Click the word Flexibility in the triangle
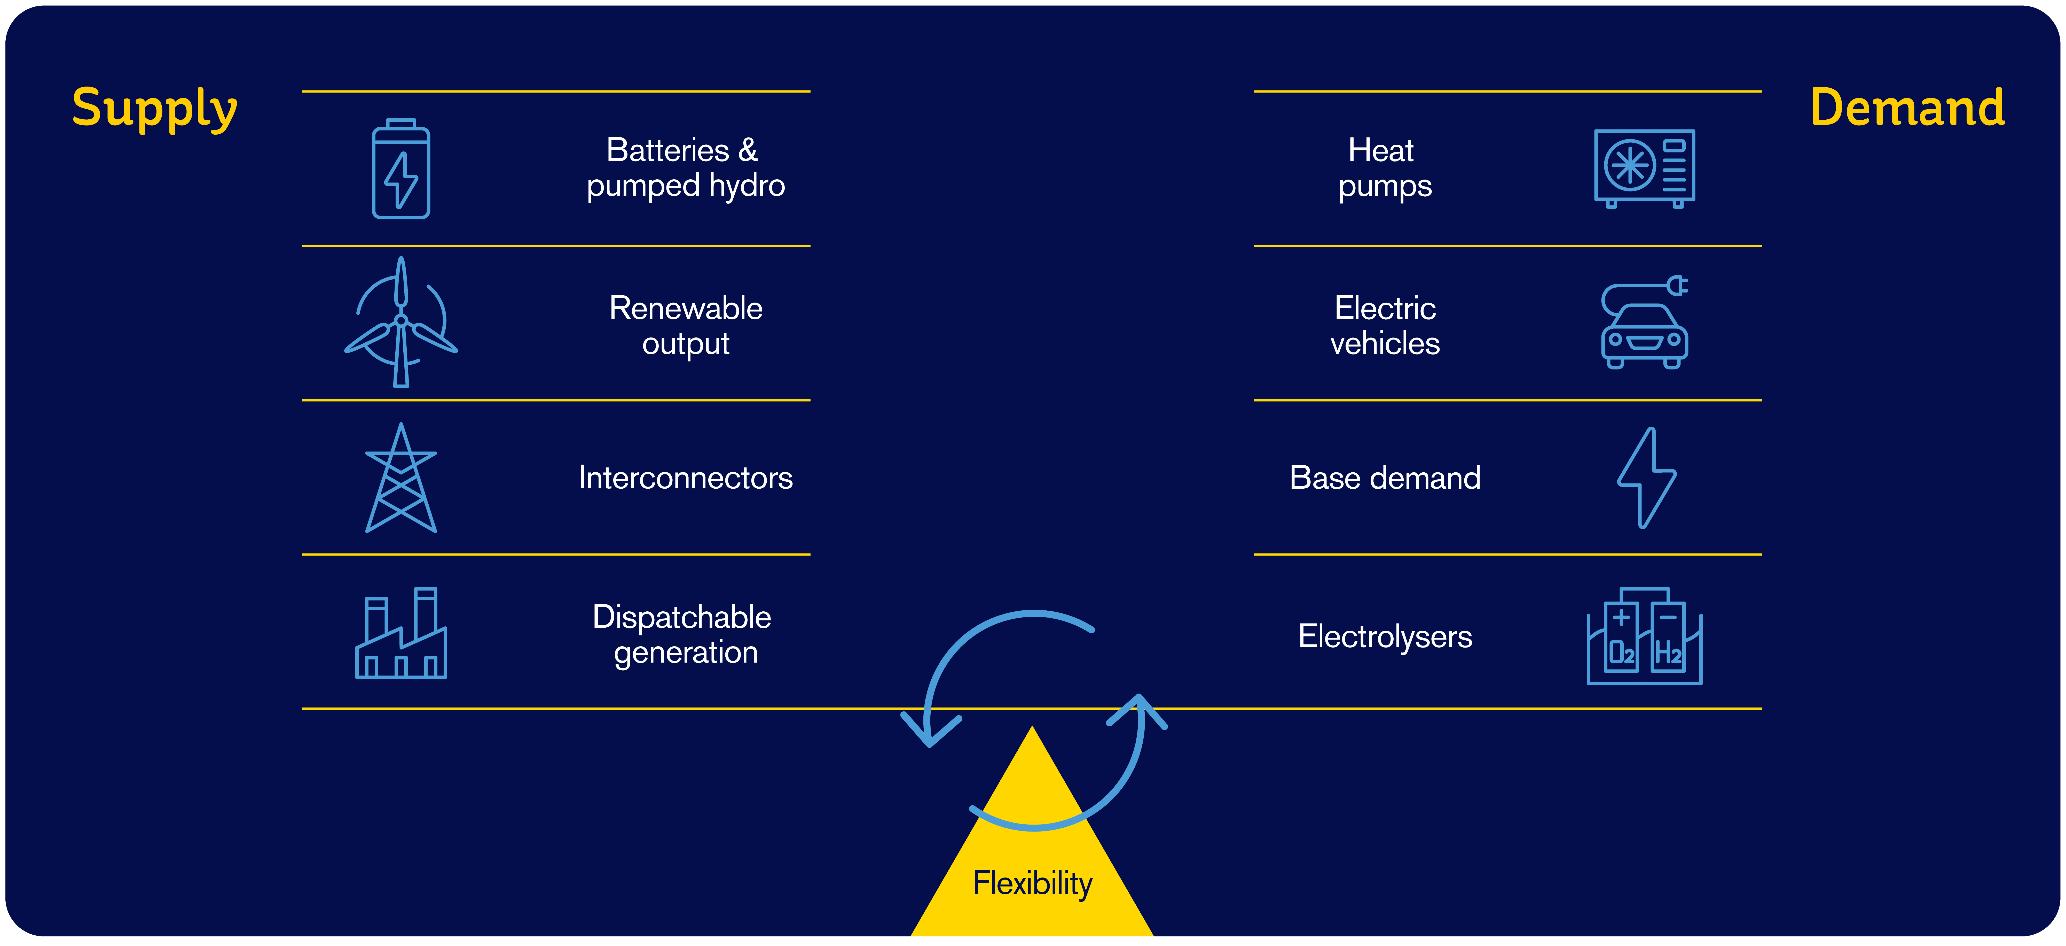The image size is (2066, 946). point(1032,883)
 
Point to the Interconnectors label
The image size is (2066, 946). point(686,478)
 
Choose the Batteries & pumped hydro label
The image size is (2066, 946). point(686,168)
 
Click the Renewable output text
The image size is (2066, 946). point(686,326)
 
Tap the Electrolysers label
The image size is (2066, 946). point(1385,636)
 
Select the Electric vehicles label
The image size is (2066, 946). point(1385,326)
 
